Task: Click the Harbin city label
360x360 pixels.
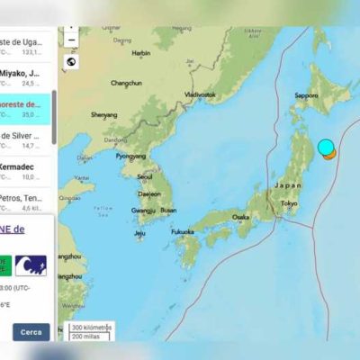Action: click(140, 53)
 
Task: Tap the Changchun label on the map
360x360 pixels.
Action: click(126, 83)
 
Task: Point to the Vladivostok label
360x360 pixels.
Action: click(199, 94)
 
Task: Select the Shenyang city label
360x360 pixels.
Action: click(103, 114)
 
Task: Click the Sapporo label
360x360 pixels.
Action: click(308, 95)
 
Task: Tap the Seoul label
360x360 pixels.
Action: click(145, 176)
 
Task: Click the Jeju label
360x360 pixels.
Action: click(139, 234)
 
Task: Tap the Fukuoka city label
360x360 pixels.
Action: click(184, 231)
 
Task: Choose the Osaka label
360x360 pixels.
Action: click(240, 217)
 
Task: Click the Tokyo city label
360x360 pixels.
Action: click(289, 203)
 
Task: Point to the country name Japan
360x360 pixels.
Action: click(288, 185)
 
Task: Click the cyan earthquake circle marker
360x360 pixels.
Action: click(325, 147)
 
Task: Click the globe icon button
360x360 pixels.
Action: click(71, 62)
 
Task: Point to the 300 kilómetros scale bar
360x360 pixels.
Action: click(91, 328)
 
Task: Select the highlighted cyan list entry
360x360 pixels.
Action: click(27, 109)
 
